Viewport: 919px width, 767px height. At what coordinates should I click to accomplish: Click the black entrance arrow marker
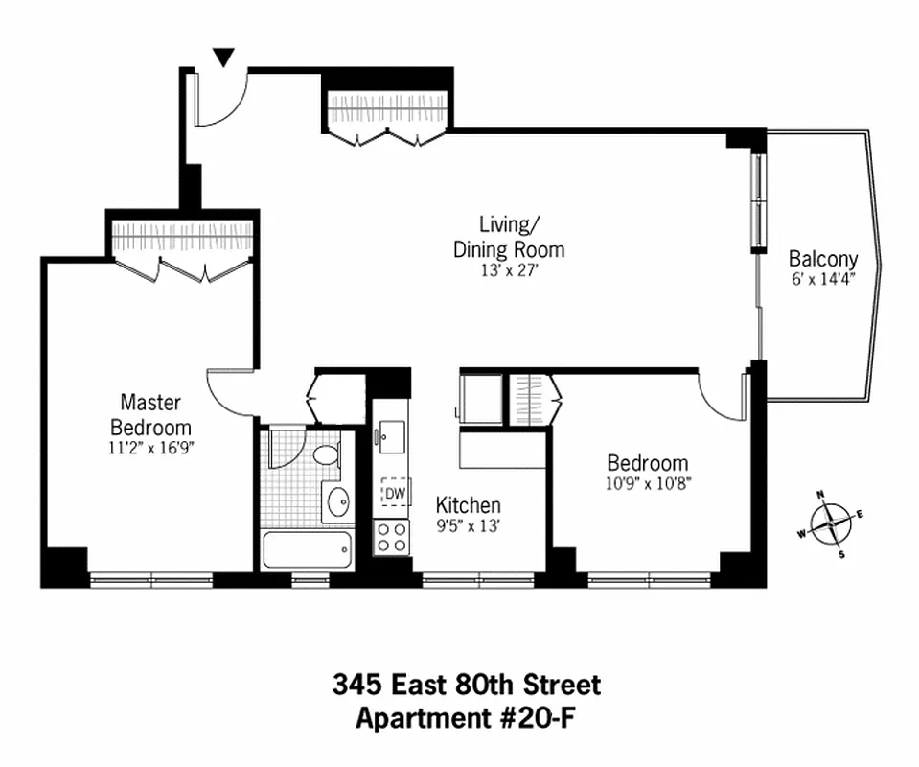223,58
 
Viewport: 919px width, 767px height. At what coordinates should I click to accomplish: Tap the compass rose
830,523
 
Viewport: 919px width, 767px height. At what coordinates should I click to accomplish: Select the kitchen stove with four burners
392,538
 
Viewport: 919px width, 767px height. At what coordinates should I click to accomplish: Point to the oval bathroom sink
337,500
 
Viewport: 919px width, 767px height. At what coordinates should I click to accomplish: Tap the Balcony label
822,259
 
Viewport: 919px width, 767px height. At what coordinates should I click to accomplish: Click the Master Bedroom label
150,415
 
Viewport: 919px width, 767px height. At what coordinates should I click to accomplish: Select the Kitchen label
468,505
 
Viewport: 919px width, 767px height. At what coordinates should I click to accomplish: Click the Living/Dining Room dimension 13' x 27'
509,271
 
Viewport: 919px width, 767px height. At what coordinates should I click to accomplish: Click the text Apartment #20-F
466,717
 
